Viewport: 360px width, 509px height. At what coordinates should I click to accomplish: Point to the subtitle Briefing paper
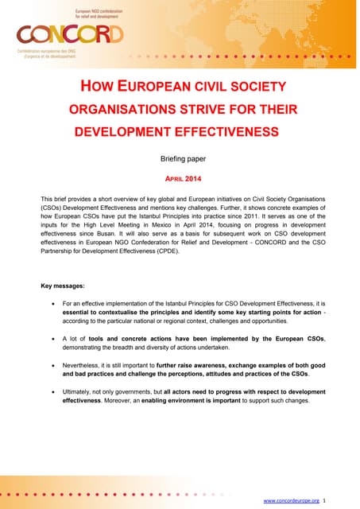coord(184,158)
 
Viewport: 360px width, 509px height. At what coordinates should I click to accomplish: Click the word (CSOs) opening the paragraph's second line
coord(52,205)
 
